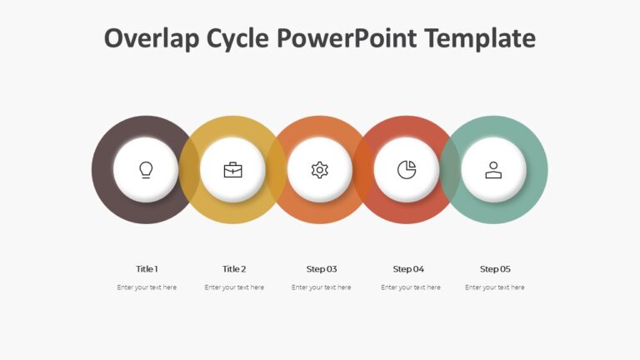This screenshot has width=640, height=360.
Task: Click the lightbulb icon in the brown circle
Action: [x=146, y=170]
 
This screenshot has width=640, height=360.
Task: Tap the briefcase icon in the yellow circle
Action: [x=233, y=170]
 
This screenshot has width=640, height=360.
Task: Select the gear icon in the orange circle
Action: [x=320, y=170]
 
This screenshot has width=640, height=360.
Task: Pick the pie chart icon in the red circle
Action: [x=407, y=170]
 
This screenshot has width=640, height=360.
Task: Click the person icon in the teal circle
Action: [x=493, y=170]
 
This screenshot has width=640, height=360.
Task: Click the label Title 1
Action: [x=147, y=269]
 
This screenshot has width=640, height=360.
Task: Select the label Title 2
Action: [x=234, y=269]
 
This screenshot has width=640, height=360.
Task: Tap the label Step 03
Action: [x=322, y=269]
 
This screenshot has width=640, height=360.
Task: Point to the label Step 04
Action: [x=408, y=269]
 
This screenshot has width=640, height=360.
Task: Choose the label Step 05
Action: [x=495, y=269]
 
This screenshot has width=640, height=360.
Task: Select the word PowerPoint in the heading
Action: [x=347, y=38]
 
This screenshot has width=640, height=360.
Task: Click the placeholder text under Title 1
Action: [x=147, y=287]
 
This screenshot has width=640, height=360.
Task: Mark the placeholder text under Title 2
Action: [x=234, y=287]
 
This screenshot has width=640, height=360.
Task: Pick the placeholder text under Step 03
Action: [x=322, y=287]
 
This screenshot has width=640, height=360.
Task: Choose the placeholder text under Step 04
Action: [x=411, y=287]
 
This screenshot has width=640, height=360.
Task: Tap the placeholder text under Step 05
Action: [x=495, y=287]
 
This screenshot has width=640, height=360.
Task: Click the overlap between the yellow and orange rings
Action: [x=277, y=170]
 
